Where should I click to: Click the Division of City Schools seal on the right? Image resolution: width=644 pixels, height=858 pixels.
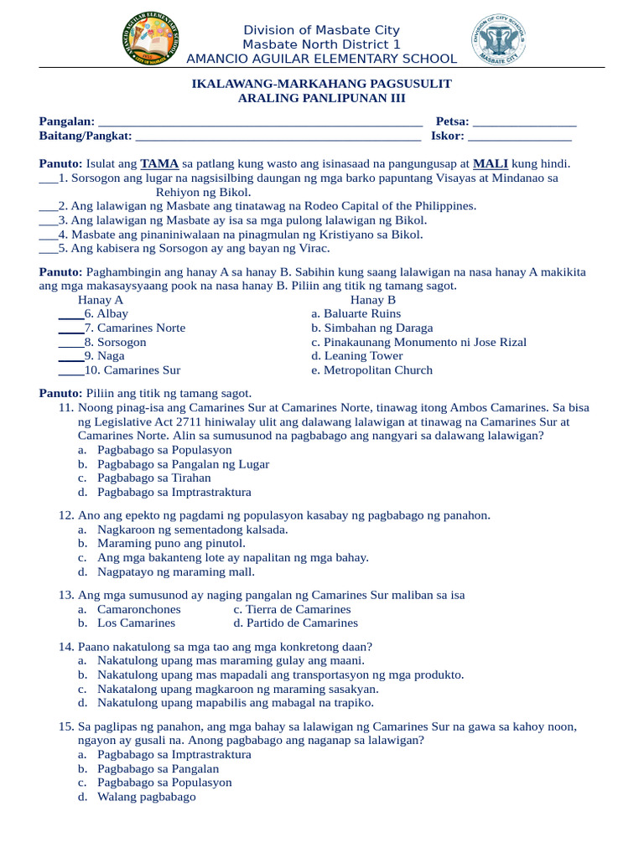499,42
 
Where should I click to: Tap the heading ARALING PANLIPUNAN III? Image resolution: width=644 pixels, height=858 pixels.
322,98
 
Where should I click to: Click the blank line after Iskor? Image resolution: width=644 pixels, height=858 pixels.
520,137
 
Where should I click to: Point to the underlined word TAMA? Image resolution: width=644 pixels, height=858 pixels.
159,164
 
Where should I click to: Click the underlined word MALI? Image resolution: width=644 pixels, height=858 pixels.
491,164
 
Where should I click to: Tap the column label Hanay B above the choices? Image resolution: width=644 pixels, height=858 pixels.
373,300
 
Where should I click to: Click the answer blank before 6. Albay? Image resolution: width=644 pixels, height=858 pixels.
70,314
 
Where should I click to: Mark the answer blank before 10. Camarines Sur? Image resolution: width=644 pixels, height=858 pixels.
70,370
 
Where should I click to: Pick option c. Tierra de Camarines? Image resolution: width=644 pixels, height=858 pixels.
292,609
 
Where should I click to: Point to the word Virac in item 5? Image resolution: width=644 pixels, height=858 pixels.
314,249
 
